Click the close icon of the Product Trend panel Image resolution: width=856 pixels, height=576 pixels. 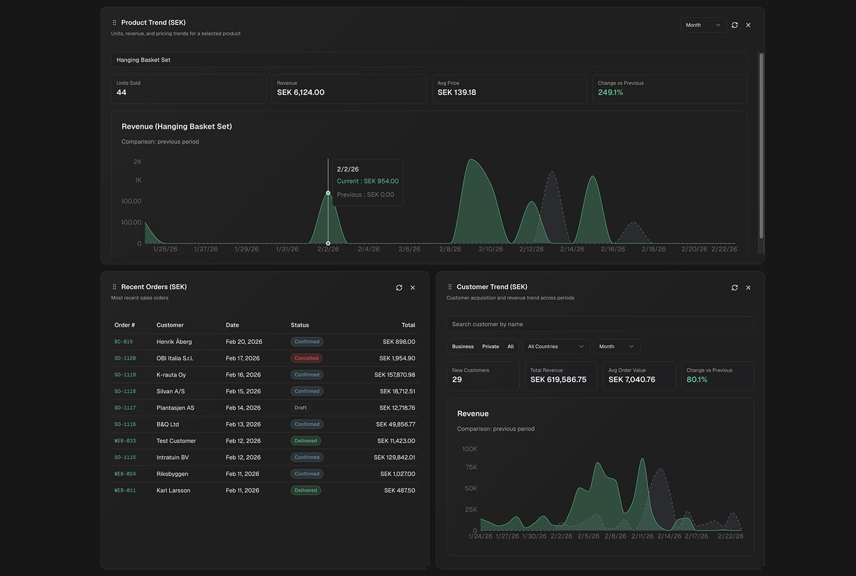(748, 25)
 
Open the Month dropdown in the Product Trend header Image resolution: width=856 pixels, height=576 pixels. (703, 25)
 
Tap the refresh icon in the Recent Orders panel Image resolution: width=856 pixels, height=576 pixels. (399, 287)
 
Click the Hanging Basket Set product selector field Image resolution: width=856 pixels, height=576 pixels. (429, 60)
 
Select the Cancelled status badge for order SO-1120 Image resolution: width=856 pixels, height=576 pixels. (306, 358)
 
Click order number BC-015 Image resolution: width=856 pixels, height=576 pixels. (123, 342)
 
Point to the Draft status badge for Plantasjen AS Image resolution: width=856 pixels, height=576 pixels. (300, 408)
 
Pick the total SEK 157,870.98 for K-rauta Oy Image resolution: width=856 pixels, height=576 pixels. (395, 375)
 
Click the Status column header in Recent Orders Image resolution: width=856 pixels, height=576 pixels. (300, 325)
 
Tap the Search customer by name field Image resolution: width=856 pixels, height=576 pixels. (600, 324)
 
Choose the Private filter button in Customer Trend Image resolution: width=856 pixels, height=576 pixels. (491, 347)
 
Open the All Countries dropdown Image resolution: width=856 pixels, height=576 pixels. (556, 347)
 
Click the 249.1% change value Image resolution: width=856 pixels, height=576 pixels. (610, 93)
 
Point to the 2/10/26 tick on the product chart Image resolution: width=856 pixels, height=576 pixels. (491, 249)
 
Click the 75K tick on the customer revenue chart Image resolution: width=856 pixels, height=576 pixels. (471, 467)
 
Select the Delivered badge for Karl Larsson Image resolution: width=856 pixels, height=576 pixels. (306, 490)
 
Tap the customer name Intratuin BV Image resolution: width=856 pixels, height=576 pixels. (172, 457)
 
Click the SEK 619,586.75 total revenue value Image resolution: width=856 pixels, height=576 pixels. (558, 380)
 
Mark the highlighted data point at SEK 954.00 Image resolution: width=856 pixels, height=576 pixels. (328, 193)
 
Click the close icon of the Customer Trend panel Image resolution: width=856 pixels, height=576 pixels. (748, 287)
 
